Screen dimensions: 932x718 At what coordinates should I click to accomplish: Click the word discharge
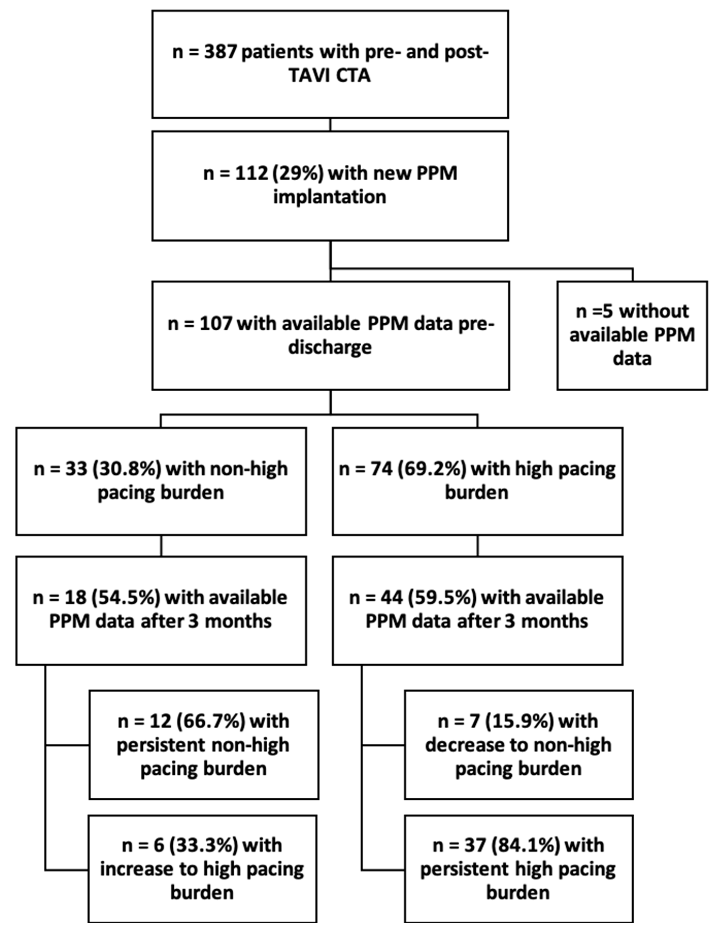330,347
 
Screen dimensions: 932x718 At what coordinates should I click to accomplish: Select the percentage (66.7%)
210,721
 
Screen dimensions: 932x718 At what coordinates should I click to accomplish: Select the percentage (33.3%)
203,845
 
